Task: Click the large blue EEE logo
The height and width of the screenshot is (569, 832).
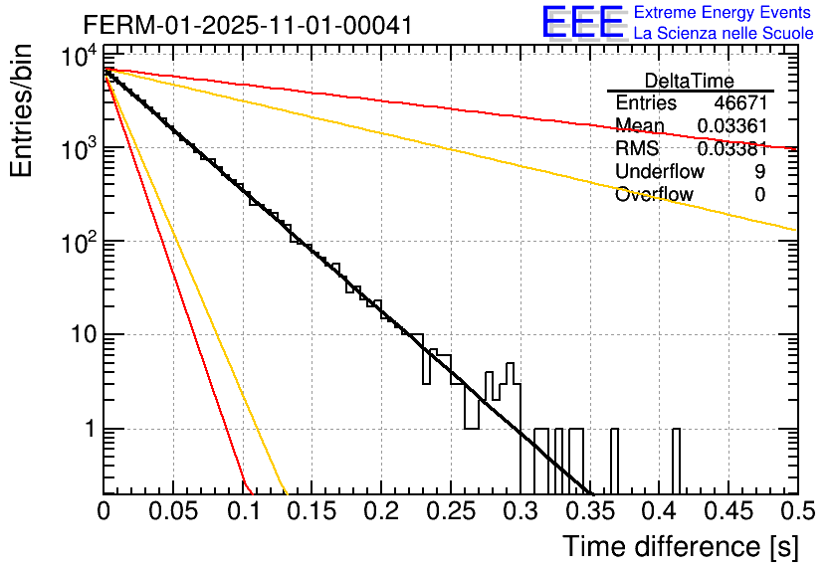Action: [581, 23]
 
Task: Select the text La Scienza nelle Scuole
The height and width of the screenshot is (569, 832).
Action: [723, 33]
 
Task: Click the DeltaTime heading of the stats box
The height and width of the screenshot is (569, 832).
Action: [690, 81]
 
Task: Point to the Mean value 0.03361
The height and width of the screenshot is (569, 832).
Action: [731, 126]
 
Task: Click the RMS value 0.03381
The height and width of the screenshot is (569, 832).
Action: [731, 149]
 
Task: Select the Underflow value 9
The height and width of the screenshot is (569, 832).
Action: [760, 172]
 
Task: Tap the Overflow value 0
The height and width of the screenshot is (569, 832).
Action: [760, 195]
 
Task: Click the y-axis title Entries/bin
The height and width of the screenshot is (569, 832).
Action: [24, 111]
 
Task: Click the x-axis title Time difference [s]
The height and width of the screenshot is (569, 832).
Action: [679, 546]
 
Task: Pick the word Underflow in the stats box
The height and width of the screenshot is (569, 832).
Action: [660, 172]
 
